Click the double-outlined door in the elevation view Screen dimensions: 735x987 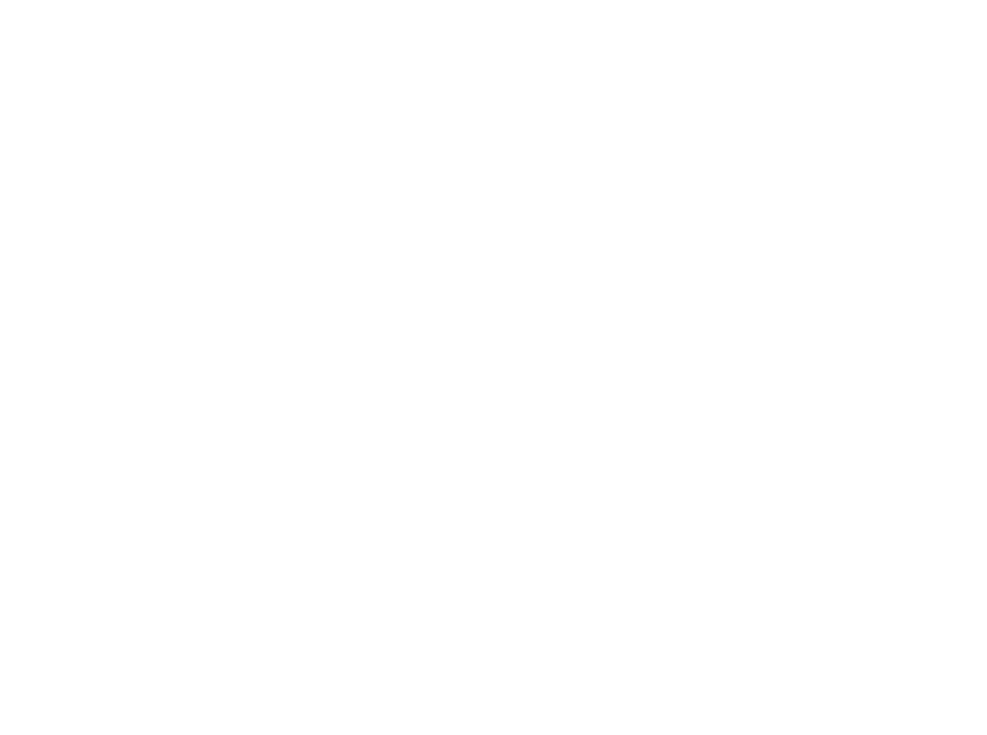pos(778,250)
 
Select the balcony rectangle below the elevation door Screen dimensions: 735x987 pos(771,310)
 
